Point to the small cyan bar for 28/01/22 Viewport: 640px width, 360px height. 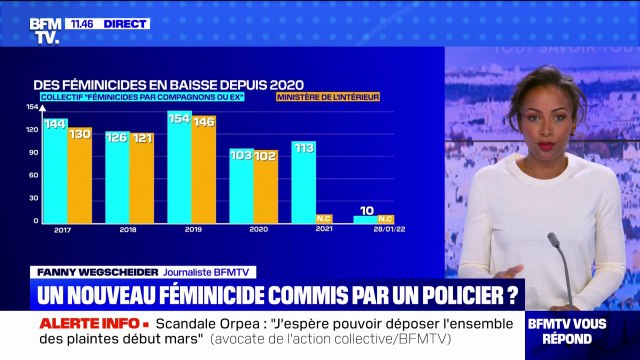tap(366, 218)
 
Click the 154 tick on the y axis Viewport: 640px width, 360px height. tap(31, 107)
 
